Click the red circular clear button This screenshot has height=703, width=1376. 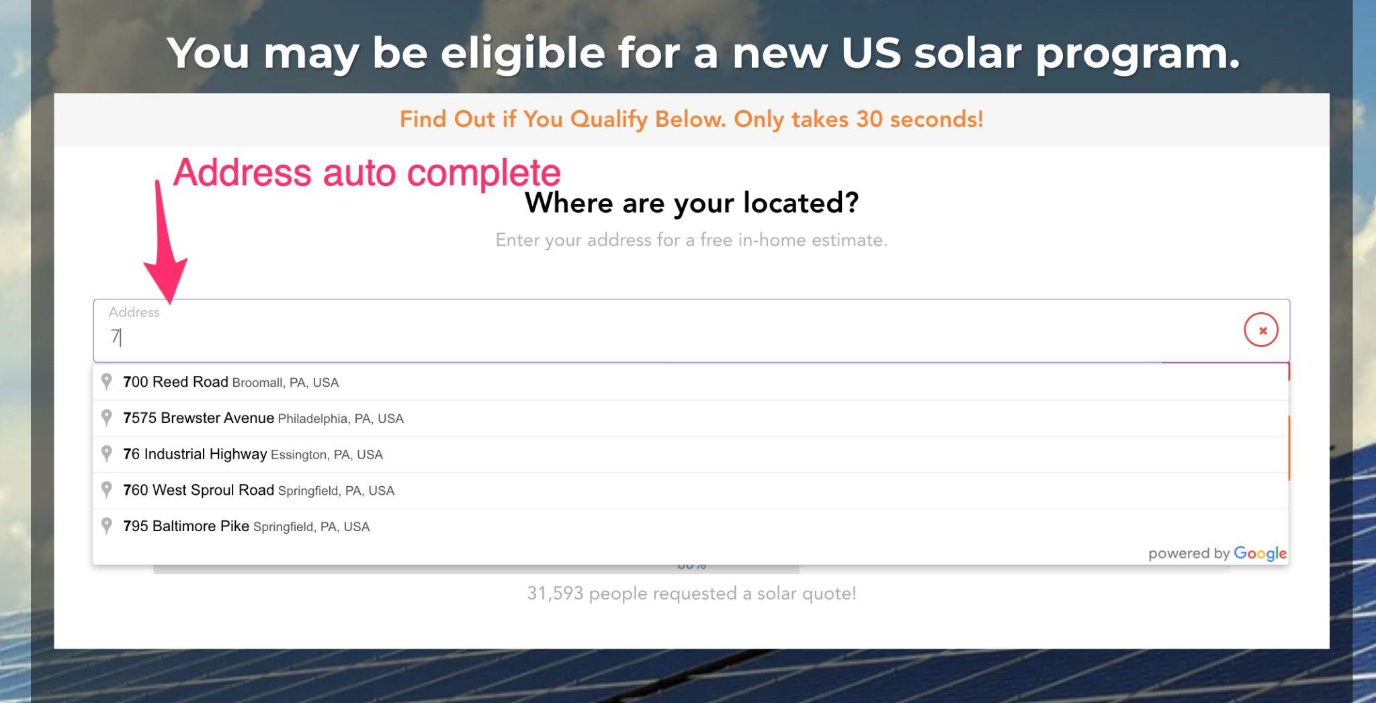tap(1261, 330)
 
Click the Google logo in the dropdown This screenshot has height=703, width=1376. tap(1260, 553)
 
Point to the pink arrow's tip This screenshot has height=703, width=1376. tap(171, 303)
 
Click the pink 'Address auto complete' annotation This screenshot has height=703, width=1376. tap(367, 173)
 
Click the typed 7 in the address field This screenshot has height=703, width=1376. tap(115, 336)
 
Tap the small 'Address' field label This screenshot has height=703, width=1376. tap(134, 312)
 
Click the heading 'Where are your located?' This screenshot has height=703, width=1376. tap(691, 203)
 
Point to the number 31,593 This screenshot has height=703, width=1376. tap(555, 594)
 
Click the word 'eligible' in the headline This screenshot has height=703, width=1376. tap(523, 52)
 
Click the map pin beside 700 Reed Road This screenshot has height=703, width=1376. tap(106, 381)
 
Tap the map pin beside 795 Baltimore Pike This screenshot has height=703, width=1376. tap(106, 526)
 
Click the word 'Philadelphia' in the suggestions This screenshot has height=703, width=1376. tap(314, 419)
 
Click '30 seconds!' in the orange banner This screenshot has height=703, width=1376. tap(920, 119)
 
